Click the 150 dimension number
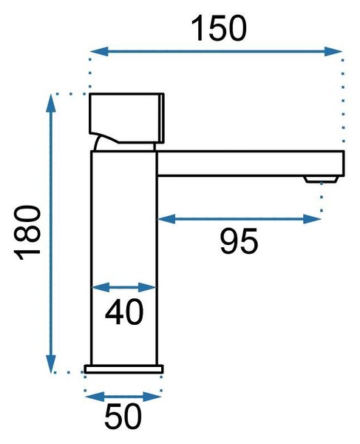pos(219,28)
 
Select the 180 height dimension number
pos(27,233)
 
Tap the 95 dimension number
pos(239,240)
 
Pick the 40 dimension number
pos(124,312)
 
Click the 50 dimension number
pos(123,416)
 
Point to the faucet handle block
pos(126,118)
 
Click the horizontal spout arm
pos(251,164)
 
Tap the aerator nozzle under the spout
pos(321,179)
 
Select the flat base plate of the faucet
pos(124,369)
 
